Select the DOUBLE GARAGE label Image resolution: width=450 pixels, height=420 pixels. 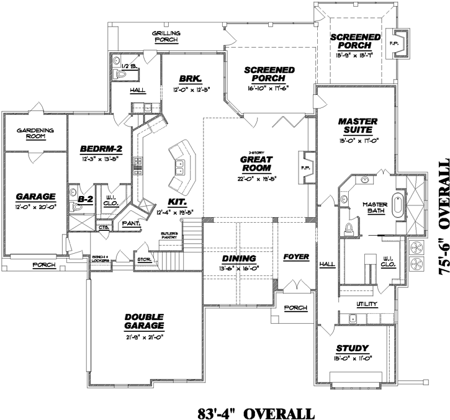click(143, 320)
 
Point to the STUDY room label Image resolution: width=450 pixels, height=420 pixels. click(353, 348)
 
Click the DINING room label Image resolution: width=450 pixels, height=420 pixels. click(240, 257)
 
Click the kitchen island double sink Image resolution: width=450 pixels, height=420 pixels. click(179, 166)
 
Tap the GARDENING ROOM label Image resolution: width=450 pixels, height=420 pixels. click(35, 133)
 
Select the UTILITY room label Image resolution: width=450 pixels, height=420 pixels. click(367, 304)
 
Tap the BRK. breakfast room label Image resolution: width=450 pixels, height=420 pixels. click(188, 79)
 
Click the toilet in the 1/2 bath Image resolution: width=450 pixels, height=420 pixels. click(122, 74)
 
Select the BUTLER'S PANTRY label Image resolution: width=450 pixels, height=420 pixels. click(168, 235)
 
